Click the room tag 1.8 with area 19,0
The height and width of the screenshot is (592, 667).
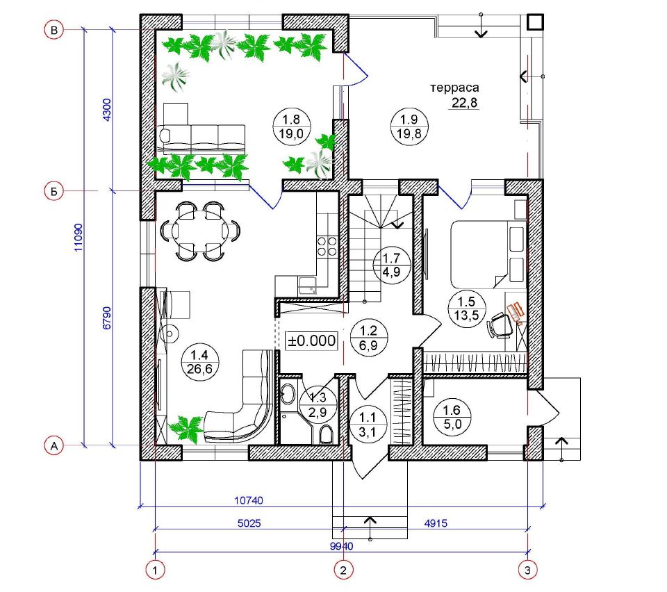pos(291,126)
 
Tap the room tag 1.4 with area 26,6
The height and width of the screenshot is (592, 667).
pos(199,361)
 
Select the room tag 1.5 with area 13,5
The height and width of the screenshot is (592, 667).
pos(466,309)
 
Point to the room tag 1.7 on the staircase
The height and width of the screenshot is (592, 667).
pos(391,265)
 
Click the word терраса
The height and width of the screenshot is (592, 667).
pos(454,88)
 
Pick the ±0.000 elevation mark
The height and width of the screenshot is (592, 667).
pos(312,340)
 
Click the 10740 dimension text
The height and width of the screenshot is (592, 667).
pos(249,500)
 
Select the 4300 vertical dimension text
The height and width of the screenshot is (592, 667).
pos(107,110)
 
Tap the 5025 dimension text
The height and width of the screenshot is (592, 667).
pos(249,523)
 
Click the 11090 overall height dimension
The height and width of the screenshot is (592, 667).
pos(79,238)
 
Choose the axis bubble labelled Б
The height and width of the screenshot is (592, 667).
pos(54,191)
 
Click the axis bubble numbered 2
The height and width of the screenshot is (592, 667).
pos(343,570)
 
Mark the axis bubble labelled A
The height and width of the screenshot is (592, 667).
pos(54,445)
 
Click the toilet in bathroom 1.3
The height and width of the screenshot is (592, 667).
pos(325,434)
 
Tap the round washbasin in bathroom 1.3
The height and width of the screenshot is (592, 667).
pos(288,394)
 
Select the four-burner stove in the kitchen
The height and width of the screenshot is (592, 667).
pos(327,247)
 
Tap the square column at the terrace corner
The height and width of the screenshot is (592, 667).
pos(535,22)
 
